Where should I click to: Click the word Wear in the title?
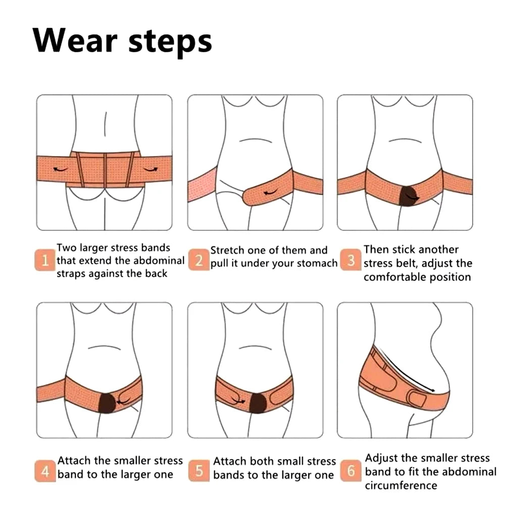[x=75, y=40]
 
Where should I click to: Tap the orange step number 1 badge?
[x=45, y=260]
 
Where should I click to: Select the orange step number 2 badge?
[x=198, y=260]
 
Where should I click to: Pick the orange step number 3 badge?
[x=351, y=260]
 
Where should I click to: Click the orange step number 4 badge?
[x=45, y=471]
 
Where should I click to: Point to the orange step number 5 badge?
[x=198, y=471]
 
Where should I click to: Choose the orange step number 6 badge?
[x=351, y=471]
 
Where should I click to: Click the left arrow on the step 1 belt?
[x=60, y=169]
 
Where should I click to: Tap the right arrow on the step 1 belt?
[x=150, y=169]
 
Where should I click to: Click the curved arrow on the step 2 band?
[x=271, y=192]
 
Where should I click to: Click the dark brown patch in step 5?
[x=258, y=403]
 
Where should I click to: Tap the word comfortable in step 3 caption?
[x=395, y=277]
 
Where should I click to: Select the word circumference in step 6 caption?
[x=401, y=485]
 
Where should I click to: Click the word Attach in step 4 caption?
[x=75, y=461]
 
